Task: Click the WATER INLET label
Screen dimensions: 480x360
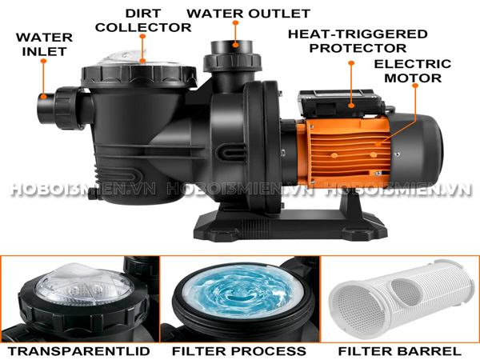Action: point(44,44)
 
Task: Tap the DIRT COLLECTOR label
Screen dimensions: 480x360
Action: point(143,21)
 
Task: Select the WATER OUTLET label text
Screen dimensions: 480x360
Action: point(249,14)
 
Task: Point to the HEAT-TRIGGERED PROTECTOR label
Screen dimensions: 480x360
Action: point(358,41)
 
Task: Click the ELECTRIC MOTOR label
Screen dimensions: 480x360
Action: point(413,70)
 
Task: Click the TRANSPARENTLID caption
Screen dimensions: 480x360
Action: point(78,351)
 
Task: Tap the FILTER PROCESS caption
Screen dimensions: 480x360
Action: point(239,351)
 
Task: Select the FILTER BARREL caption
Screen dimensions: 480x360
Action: point(399,351)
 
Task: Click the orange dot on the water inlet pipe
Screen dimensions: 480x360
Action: point(44,97)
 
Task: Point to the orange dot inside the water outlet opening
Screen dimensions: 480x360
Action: point(235,45)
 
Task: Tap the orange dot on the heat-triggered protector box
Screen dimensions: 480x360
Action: point(351,106)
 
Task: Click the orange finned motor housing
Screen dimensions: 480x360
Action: point(344,151)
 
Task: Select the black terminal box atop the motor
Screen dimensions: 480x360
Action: point(341,103)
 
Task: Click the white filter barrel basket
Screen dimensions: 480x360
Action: point(401,298)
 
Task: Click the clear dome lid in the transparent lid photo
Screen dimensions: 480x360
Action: point(83,284)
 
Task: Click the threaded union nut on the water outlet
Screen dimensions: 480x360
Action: point(232,62)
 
